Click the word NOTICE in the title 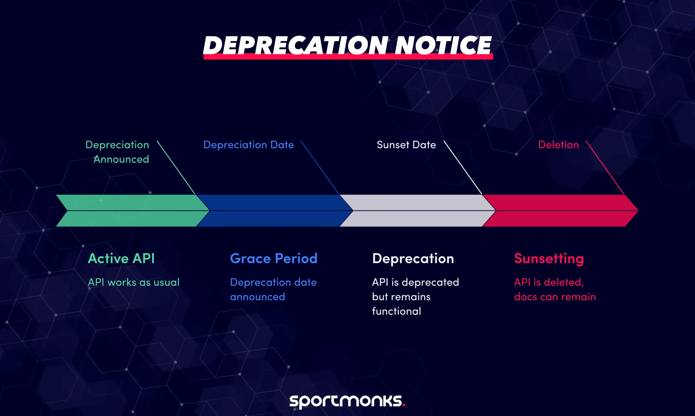click(x=443, y=45)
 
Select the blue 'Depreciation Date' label click(x=248, y=145)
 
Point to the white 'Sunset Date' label click(x=406, y=145)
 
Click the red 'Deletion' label click(x=558, y=145)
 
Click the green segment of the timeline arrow click(x=132, y=211)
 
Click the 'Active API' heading click(x=121, y=258)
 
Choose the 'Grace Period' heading click(x=274, y=258)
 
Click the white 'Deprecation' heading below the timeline click(x=413, y=258)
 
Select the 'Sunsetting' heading click(x=549, y=258)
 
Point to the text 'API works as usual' click(x=134, y=282)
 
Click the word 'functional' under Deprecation click(x=396, y=311)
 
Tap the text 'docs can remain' click(x=555, y=297)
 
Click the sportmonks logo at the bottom click(x=347, y=401)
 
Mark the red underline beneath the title click(x=348, y=57)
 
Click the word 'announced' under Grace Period click(x=257, y=297)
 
